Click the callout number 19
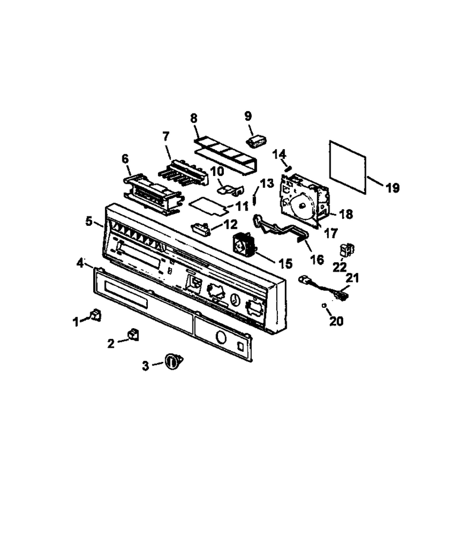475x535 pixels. [x=392, y=188]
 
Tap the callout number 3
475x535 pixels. [x=145, y=366]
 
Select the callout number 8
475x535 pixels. [x=194, y=118]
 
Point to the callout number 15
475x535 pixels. [x=285, y=263]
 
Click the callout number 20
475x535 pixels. [x=336, y=321]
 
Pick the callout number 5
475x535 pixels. [x=89, y=222]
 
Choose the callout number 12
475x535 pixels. [x=230, y=224]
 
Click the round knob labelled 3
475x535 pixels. [x=174, y=361]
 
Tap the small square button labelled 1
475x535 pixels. [x=96, y=315]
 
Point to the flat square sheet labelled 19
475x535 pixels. [x=347, y=167]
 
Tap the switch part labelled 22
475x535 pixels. [x=346, y=250]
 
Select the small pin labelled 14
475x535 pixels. [x=289, y=169]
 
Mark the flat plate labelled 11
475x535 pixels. [x=208, y=206]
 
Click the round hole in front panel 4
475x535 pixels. [x=221, y=338]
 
